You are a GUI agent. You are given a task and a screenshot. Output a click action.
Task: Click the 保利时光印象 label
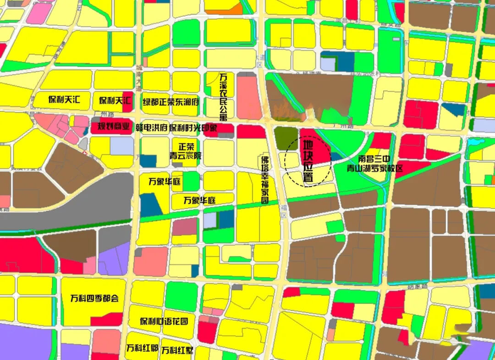193,128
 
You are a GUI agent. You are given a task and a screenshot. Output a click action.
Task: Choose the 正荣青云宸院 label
186,151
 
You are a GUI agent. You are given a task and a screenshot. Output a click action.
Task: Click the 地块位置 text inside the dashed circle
308,161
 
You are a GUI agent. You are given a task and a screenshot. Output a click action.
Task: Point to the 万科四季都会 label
94,298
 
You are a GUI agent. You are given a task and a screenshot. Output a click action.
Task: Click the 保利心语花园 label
164,321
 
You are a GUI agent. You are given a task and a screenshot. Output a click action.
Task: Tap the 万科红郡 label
142,348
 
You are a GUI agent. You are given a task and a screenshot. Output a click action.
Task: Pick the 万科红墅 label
176,350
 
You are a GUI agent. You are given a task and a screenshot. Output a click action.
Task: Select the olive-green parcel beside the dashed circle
286,138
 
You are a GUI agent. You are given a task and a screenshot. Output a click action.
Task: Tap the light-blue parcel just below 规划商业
121,145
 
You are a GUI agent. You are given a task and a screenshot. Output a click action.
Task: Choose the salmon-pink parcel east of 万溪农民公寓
249,98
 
